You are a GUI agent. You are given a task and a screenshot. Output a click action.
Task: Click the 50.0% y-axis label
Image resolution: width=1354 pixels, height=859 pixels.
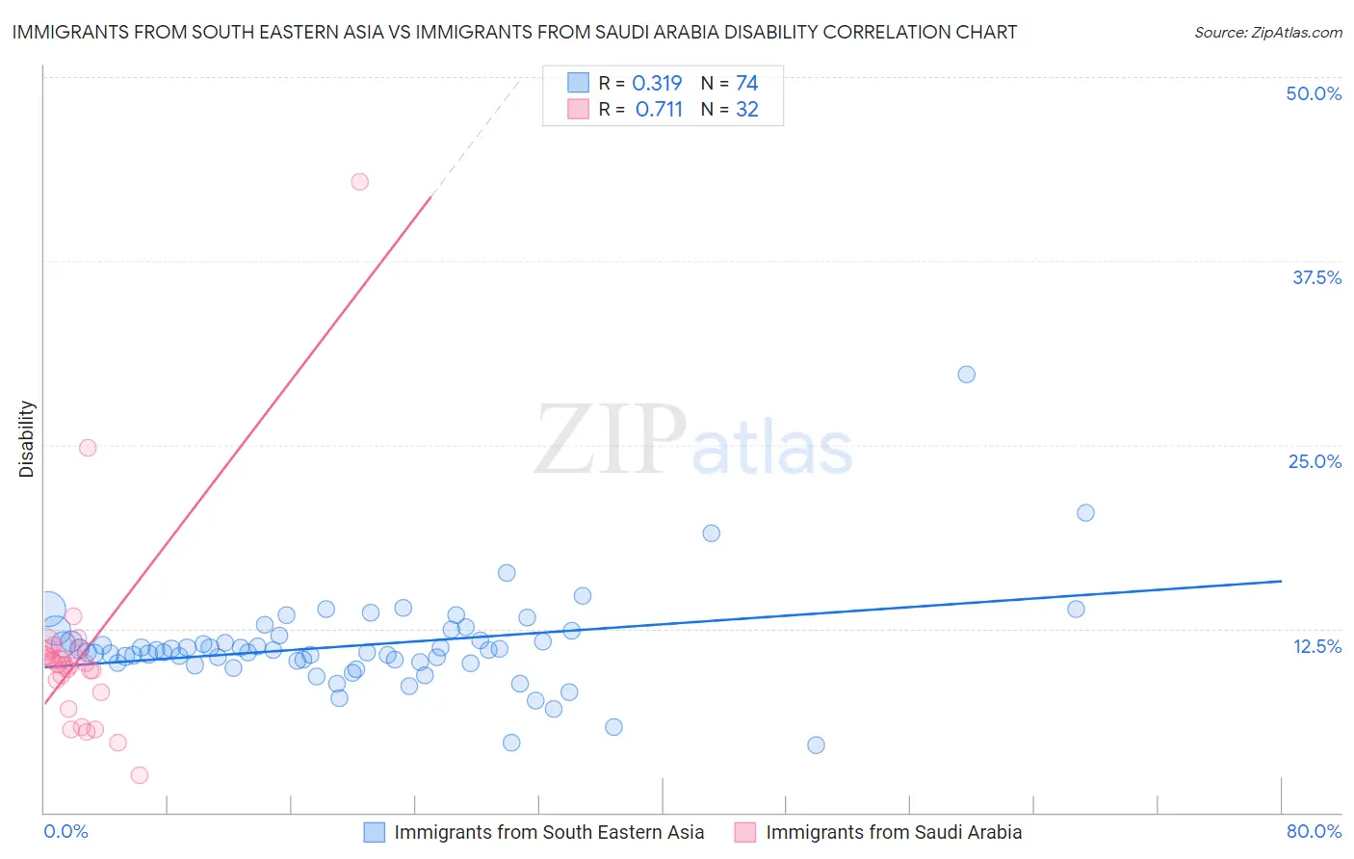click(1314, 93)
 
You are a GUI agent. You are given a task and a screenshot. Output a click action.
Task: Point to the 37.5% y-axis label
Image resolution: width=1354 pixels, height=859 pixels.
click(1316, 277)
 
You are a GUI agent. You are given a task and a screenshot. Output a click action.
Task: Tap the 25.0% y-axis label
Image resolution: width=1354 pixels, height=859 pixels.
click(1315, 461)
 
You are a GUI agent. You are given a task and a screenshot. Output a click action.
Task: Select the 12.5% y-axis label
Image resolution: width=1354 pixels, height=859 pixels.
click(1316, 646)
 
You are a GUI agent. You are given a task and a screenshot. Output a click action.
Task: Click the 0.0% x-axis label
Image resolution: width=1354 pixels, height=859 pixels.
click(65, 831)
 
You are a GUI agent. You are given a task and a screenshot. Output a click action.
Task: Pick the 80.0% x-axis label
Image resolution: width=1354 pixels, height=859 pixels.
click(1314, 831)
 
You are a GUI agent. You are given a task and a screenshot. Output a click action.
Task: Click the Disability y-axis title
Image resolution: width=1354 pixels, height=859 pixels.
click(27, 439)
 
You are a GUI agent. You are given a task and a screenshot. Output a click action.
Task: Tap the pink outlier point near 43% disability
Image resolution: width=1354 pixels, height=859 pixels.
click(360, 181)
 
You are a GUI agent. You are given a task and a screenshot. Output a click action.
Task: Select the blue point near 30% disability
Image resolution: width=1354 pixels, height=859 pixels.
click(967, 375)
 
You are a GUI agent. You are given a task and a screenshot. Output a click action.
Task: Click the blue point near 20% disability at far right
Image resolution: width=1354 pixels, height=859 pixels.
click(1085, 512)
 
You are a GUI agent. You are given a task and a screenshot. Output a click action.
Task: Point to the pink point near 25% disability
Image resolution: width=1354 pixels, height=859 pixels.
click(88, 447)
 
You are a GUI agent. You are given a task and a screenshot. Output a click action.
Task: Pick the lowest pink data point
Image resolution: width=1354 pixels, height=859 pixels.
click(140, 775)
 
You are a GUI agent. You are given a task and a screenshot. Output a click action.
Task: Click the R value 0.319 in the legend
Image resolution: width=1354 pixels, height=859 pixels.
click(657, 83)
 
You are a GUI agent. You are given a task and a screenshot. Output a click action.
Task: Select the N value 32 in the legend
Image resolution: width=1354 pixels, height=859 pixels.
click(747, 109)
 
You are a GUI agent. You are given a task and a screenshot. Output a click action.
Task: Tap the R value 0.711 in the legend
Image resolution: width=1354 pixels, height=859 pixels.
click(659, 109)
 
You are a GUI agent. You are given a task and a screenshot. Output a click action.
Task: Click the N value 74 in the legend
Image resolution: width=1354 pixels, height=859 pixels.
click(747, 83)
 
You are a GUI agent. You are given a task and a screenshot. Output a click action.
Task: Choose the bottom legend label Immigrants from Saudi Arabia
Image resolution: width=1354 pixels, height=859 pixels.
click(894, 832)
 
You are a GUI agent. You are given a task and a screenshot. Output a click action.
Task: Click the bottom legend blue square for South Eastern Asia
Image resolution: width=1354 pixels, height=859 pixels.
click(375, 832)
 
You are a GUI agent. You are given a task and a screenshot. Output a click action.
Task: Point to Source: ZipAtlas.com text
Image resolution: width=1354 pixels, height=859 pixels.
click(1267, 33)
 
